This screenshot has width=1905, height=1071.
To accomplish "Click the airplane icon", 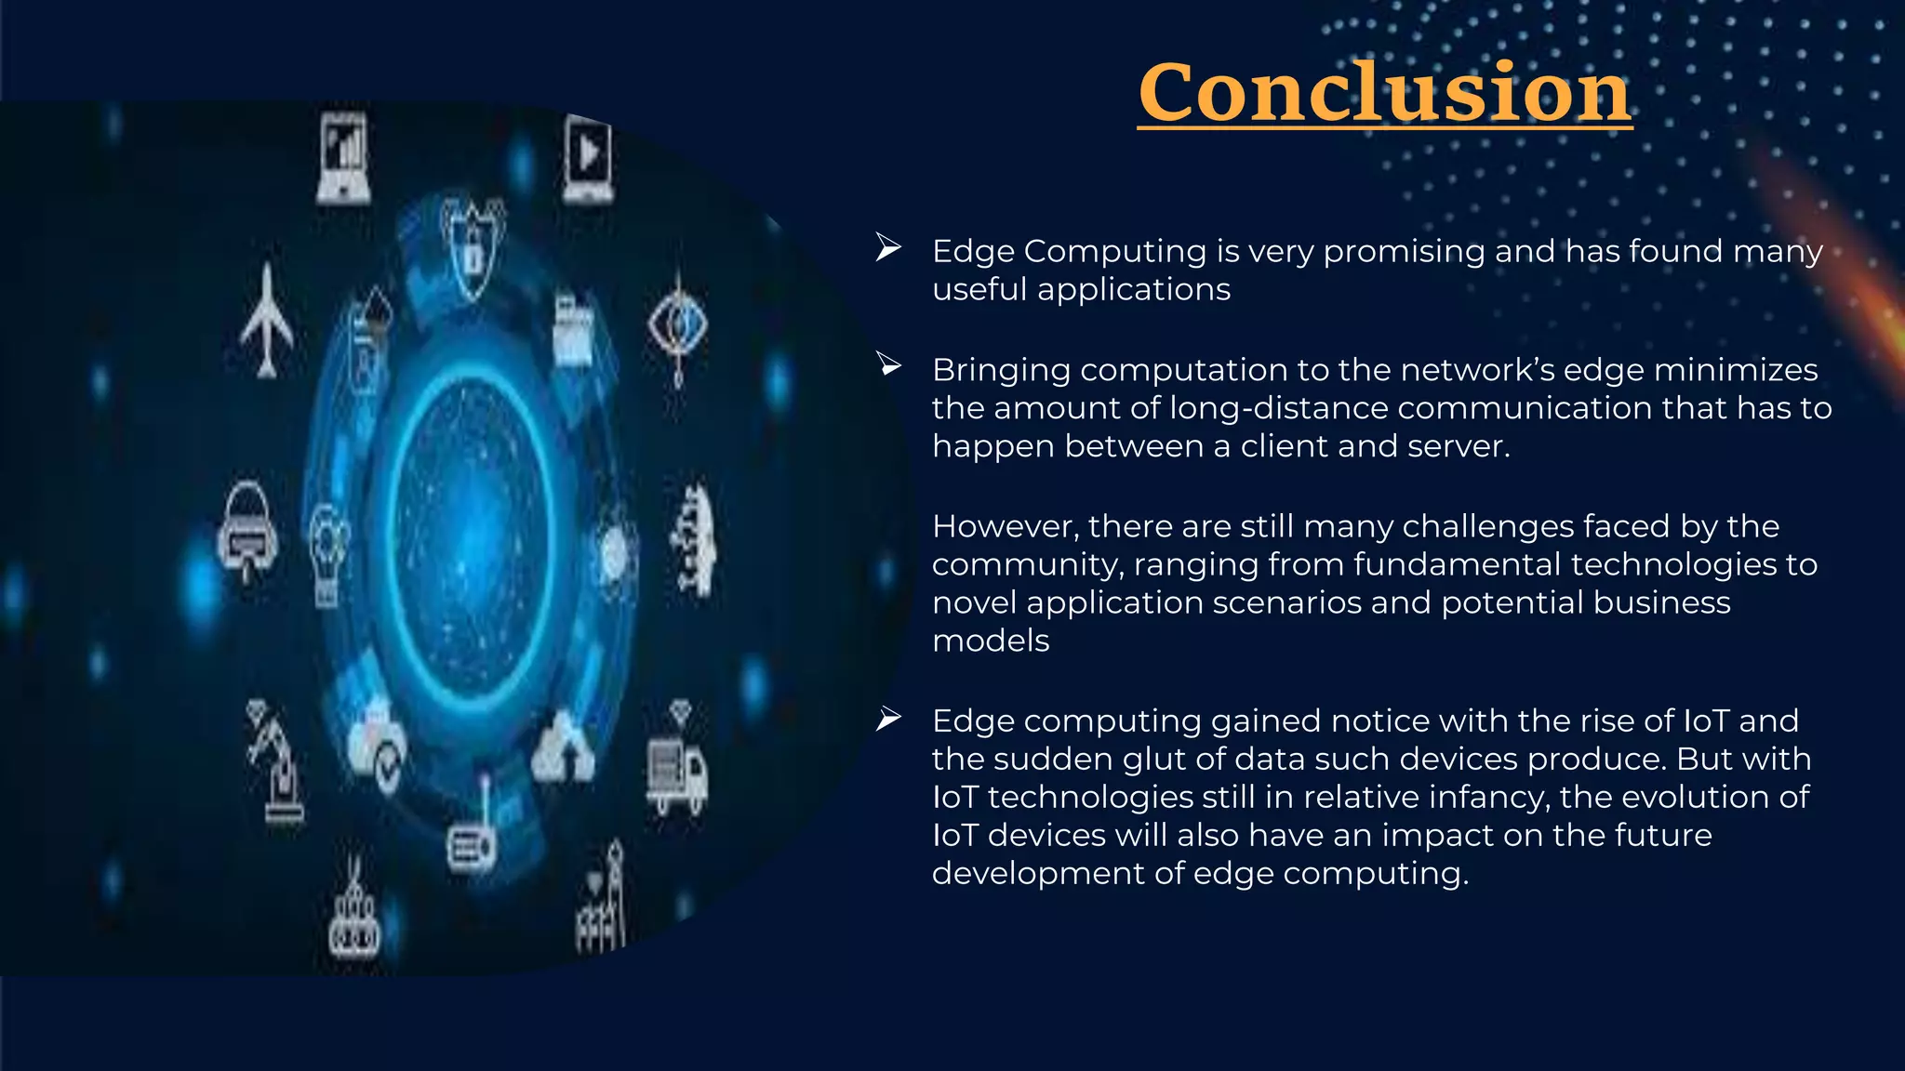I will pyautogui.click(x=267, y=321).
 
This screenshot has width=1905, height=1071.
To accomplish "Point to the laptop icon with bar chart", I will pyautogui.click(x=343, y=158).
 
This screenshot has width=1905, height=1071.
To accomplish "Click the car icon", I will pyautogui.click(x=246, y=530).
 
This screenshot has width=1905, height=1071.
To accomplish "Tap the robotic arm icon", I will pyautogui.click(x=276, y=762).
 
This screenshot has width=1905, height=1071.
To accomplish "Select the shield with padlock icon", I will pyautogui.click(x=473, y=246).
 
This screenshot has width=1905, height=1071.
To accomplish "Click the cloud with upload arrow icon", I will pyautogui.click(x=564, y=748).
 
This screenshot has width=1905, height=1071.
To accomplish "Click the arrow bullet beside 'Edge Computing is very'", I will pyautogui.click(x=888, y=248).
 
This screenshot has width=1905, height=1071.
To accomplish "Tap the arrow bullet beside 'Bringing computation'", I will pyautogui.click(x=888, y=365).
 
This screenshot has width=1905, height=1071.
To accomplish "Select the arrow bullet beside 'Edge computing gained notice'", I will pyautogui.click(x=888, y=719).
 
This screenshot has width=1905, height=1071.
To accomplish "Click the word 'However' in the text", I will pyautogui.click(x=1005, y=526).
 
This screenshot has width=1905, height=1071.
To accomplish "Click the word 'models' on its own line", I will pyautogui.click(x=991, y=641).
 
